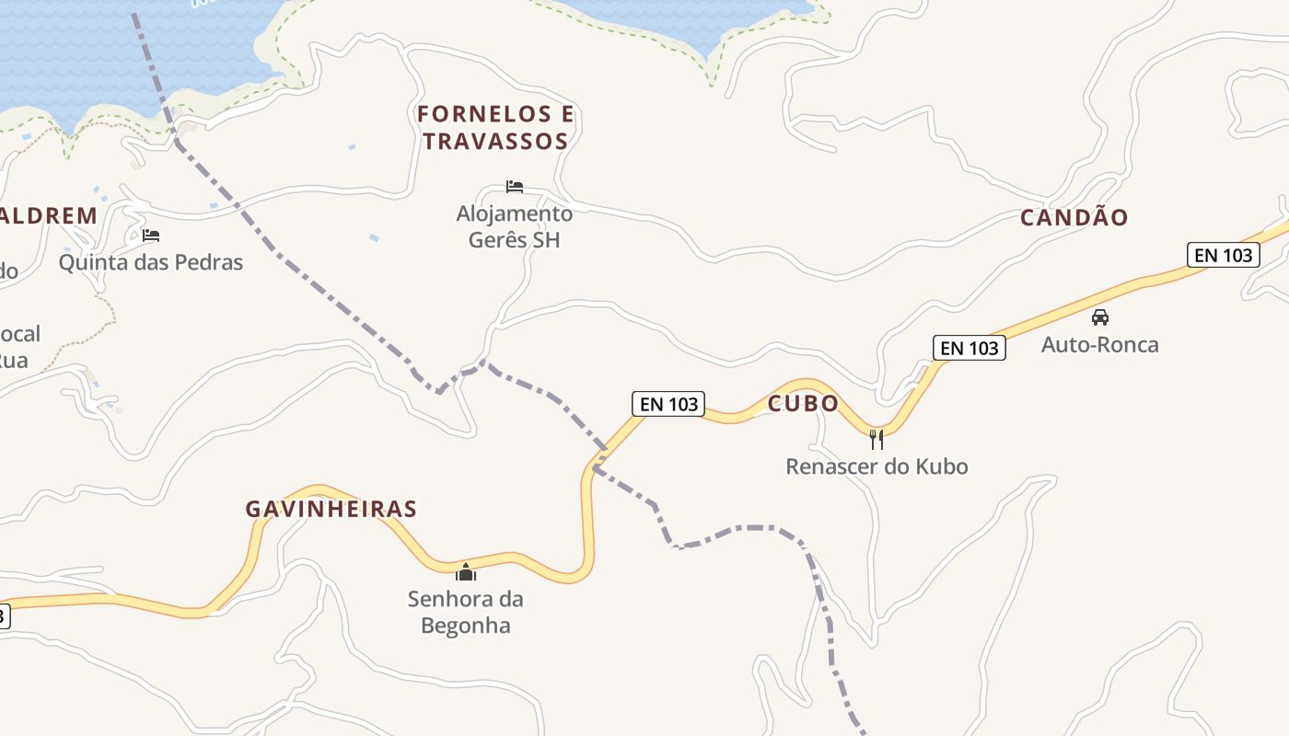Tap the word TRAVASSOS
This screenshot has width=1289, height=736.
(496, 142)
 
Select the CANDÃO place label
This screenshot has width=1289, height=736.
(1074, 218)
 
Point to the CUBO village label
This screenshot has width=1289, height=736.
(803, 404)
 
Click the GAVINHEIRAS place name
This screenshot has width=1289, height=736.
(331, 509)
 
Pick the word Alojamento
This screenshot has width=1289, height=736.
(515, 213)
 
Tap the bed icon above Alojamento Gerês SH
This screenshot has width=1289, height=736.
(515, 187)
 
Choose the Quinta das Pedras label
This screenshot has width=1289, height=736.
(151, 262)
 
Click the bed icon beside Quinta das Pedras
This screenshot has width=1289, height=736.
(151, 236)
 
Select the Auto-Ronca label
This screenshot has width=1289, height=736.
(1100, 345)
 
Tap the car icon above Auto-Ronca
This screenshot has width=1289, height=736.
(1100, 317)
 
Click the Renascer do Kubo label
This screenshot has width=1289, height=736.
(877, 466)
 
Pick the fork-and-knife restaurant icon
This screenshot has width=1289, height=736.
(877, 439)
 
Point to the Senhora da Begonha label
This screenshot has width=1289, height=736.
(466, 613)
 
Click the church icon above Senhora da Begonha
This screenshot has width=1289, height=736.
(466, 572)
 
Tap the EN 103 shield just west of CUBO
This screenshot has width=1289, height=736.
(668, 404)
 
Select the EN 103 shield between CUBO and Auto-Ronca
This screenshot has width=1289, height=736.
(969, 348)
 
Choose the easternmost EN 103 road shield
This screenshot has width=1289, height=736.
(1224, 255)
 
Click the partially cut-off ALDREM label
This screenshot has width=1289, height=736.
(48, 217)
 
